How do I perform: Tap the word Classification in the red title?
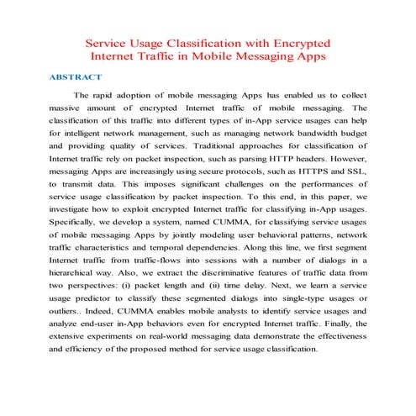click(198, 42)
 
